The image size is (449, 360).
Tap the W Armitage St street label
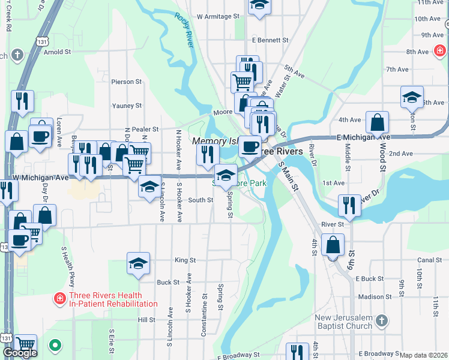[x=218, y=17]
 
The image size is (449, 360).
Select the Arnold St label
[x=57, y=52]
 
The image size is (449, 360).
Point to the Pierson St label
[x=126, y=82]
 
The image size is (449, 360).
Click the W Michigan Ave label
[x=40, y=178]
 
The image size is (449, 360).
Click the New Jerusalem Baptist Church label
[x=346, y=322]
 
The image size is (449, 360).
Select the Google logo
[x=20, y=353]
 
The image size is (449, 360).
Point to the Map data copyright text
[x=424, y=355]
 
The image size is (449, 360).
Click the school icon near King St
[x=138, y=263]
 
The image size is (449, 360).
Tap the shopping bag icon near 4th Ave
[x=377, y=122]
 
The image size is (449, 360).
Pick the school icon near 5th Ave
[x=412, y=97]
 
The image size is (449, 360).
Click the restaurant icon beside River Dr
[x=349, y=205]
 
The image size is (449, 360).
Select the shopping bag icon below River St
[x=333, y=245]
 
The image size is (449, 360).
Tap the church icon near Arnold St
[x=17, y=55]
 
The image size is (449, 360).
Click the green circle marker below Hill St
[x=55, y=345]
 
